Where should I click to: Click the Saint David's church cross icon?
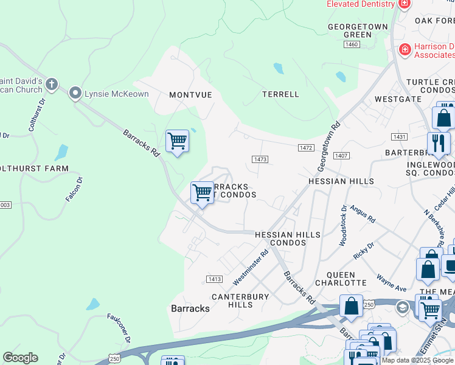click(52, 84)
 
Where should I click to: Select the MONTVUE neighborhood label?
click(190, 95)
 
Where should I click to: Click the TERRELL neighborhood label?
click(280, 94)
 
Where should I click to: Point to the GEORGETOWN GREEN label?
click(349, 31)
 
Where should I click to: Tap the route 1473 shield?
click(260, 159)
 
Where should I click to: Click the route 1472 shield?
click(306, 148)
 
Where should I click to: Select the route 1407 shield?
click(341, 156)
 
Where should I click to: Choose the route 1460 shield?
click(352, 44)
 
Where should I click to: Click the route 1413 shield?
click(214, 279)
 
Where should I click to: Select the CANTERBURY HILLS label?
click(240, 301)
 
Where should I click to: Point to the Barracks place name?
click(190, 308)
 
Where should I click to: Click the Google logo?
click(20, 358)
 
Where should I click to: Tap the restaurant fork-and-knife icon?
click(439, 144)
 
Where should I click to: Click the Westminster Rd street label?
click(251, 268)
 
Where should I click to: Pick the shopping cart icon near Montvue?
click(177, 140)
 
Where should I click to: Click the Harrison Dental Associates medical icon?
click(404, 49)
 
